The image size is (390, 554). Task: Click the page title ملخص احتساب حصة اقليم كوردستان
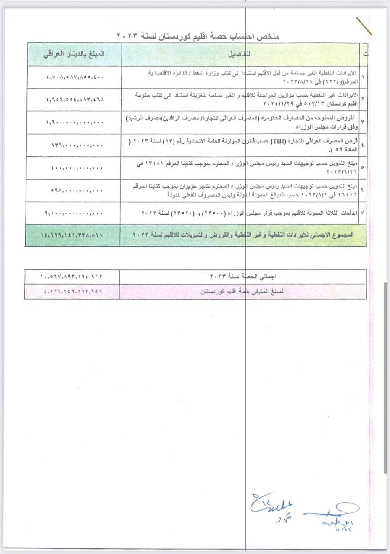(198, 36)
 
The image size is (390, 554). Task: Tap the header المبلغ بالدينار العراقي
(74, 55)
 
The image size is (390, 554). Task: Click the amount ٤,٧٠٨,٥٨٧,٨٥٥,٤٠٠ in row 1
(75, 77)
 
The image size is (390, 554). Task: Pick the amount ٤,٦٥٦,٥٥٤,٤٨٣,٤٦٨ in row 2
(75, 100)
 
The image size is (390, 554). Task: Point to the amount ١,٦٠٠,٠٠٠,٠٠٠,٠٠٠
(75, 122)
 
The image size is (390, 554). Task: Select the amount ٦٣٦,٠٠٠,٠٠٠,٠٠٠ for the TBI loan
(75, 145)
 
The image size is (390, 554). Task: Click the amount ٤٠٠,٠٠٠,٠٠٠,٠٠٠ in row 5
(75, 168)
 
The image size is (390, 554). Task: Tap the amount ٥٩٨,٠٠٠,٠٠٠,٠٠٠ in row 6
(75, 191)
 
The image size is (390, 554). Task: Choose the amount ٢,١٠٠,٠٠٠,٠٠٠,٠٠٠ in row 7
(74, 213)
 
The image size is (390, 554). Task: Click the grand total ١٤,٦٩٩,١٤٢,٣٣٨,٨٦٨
(72, 235)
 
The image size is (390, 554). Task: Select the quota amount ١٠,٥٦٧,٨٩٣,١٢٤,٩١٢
(73, 276)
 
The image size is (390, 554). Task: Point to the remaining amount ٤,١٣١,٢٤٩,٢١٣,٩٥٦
(73, 291)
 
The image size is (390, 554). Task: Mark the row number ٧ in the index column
(362, 213)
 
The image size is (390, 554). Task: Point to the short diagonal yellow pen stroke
(364, 26)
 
